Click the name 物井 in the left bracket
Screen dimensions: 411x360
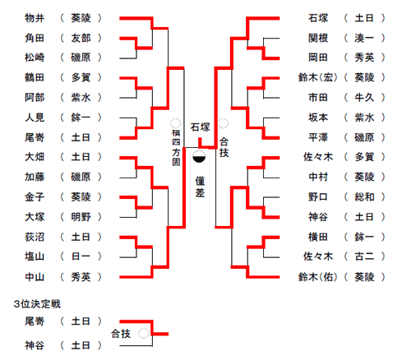(35, 18)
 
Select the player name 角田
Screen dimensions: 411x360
(35, 38)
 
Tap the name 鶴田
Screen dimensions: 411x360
(35, 77)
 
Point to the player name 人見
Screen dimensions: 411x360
(35, 118)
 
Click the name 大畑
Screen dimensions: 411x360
(35, 157)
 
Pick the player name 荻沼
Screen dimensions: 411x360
(35, 237)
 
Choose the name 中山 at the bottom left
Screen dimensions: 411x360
(35, 277)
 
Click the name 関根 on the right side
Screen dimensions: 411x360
(318, 38)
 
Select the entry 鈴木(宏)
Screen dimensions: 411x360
(318, 77)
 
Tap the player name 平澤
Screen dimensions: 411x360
(318, 137)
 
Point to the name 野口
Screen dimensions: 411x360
(318, 197)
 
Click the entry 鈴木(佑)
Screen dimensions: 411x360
(318, 277)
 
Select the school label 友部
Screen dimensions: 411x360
(81, 38)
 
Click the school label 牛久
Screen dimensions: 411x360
(364, 97)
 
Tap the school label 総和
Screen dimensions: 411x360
(364, 197)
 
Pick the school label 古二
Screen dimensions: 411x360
(364, 256)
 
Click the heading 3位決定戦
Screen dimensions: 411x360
(37, 304)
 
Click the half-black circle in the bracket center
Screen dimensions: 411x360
(199, 156)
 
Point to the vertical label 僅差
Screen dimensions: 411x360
(200, 187)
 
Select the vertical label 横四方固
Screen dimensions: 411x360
(176, 148)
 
